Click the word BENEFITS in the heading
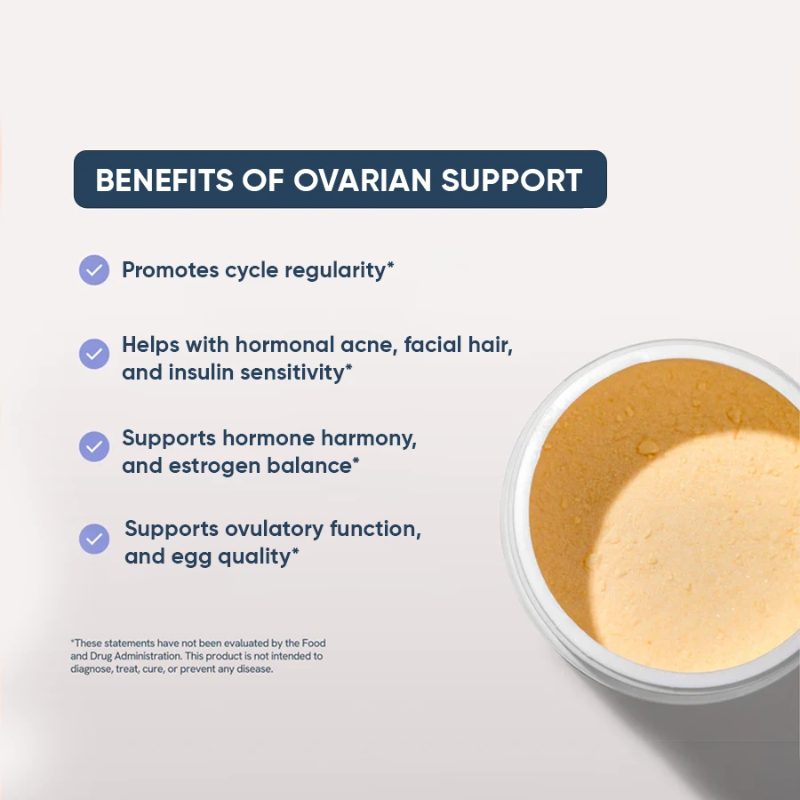[x=164, y=180]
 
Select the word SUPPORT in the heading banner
[x=511, y=180]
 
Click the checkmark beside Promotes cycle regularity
[x=94, y=270]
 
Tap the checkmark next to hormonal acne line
[x=94, y=354]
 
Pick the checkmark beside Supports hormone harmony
[x=94, y=446]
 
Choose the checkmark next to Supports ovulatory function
[x=94, y=539]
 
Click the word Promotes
[x=171, y=270]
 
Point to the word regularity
[x=335, y=271]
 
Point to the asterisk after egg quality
[x=295, y=551]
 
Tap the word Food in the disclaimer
[x=314, y=643]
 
